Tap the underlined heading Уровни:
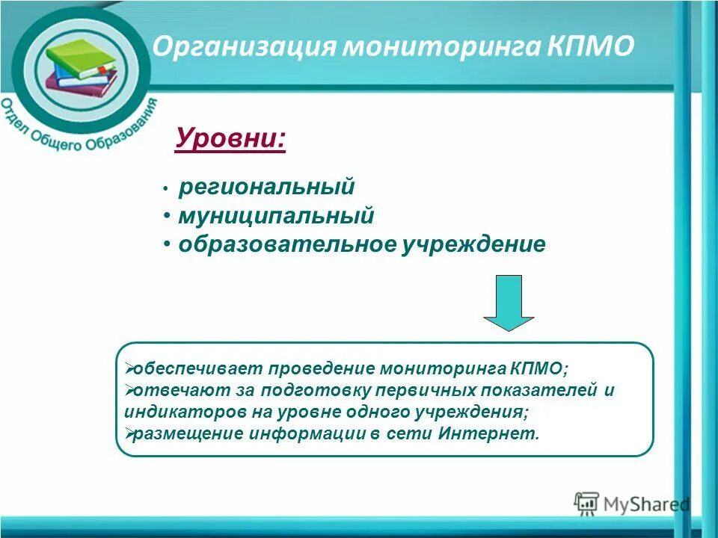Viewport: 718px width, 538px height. pos(230,138)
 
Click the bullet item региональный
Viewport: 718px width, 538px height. pos(266,187)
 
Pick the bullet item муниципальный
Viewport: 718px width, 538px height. pos(276,216)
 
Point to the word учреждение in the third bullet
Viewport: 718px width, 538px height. pos(473,245)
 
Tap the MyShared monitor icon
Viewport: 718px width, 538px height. pos(586,503)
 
